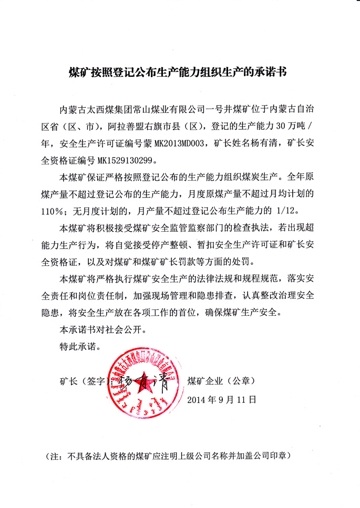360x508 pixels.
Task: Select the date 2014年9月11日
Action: coord(221,399)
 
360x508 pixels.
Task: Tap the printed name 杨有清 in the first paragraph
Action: coord(272,142)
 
